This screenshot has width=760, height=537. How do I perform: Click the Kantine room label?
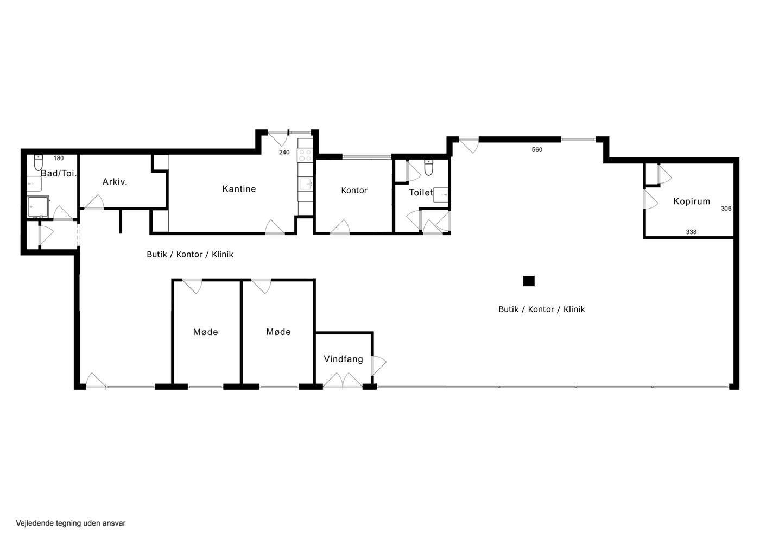coord(239,189)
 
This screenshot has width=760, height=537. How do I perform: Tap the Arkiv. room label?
coord(115,182)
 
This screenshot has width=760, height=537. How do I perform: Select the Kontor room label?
coord(354,191)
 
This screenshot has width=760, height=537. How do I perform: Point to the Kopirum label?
coord(692,201)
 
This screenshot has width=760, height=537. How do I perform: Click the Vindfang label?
coord(343,359)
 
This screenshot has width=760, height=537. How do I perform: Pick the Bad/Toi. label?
coord(59,173)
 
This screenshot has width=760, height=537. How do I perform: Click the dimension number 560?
coord(537,150)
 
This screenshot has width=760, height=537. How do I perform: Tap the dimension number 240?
coord(284,153)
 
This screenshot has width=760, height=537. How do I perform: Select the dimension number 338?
coord(691,232)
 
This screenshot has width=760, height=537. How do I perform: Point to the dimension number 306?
coord(726,209)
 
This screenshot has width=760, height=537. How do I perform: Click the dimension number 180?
coord(59,158)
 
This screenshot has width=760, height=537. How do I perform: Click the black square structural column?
coord(529,281)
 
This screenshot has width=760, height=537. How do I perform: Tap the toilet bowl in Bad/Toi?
coord(39,163)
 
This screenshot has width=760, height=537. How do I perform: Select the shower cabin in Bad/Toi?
coord(39,206)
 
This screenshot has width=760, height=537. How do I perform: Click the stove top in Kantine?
coord(305,155)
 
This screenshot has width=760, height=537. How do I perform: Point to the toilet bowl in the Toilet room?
coord(429,167)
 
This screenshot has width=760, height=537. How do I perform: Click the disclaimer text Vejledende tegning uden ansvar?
coord(71,523)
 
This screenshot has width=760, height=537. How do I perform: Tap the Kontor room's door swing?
coord(340,227)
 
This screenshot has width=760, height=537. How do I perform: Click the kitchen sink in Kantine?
coord(305,184)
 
